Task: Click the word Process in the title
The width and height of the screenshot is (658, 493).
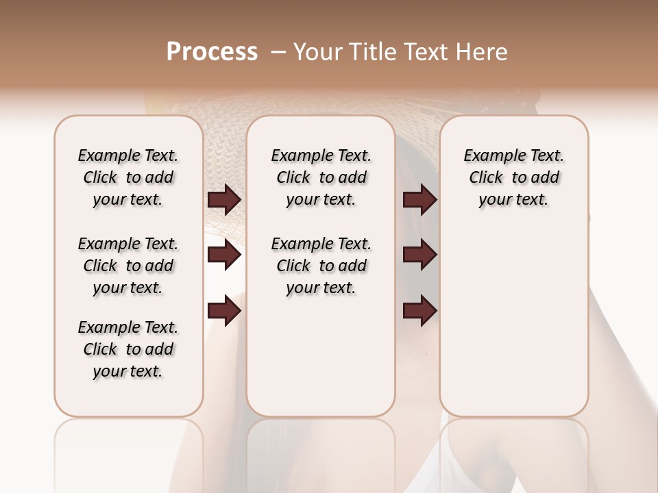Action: point(212,51)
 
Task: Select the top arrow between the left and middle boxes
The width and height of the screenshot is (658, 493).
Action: point(224,200)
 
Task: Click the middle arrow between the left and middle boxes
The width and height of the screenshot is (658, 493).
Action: point(224,255)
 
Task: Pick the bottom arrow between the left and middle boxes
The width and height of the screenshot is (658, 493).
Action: point(224,312)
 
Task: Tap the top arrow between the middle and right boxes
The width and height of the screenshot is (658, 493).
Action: point(419,200)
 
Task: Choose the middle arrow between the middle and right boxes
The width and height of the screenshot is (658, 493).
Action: point(419,255)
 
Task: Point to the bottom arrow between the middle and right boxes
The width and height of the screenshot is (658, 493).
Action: point(419,312)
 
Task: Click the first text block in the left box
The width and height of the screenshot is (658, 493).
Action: point(128,177)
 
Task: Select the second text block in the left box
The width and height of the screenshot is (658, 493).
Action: point(128,266)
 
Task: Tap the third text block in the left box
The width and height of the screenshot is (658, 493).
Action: point(128,349)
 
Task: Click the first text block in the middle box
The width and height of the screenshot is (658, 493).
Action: point(321,177)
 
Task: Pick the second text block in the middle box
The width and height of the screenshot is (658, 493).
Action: point(321,266)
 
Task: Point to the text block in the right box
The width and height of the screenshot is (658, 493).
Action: point(513,177)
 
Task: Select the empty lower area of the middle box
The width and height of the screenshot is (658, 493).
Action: point(321,356)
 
